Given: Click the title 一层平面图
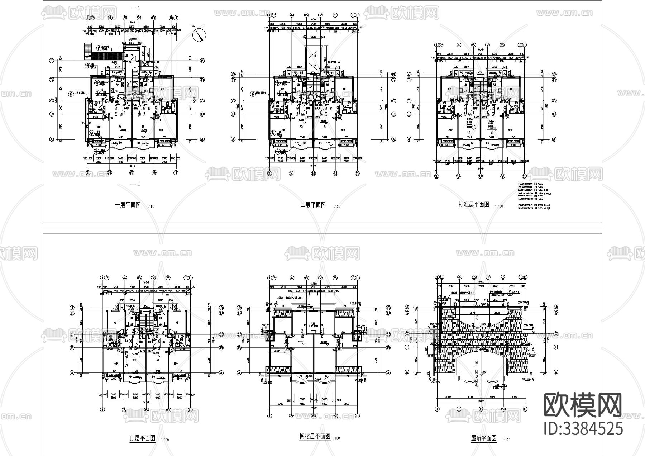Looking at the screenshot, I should point(128,205).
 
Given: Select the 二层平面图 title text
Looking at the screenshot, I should point(313,205).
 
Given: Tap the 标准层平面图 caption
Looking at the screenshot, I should point(474,205).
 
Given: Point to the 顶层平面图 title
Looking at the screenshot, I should point(142,438).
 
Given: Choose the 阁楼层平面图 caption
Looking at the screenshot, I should point(314,436).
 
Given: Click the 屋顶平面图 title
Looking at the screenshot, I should point(484,438).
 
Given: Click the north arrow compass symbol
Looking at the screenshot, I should point(199,34).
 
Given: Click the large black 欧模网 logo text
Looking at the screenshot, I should point(583,405).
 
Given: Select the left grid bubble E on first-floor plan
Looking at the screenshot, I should point(51,61).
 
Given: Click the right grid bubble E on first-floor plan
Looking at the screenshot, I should point(202,61).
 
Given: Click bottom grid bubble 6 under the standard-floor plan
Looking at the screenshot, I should point(481,176).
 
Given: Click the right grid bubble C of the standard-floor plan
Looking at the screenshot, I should point(554,101).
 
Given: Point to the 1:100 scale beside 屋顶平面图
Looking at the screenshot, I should point(506,440).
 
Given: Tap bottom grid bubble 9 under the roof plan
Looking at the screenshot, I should point(503,409).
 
